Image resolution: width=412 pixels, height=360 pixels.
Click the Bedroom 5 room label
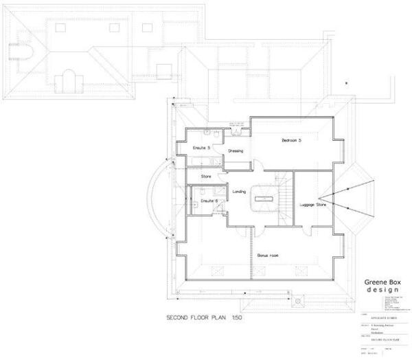click(x=292, y=140)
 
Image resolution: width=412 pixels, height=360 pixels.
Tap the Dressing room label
click(x=236, y=152)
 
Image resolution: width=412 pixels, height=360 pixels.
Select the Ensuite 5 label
click(x=201, y=147)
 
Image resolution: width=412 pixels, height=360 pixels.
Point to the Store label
click(x=205, y=177)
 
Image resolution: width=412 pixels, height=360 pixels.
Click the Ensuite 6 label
click(x=208, y=201)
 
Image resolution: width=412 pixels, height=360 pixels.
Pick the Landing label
click(x=239, y=192)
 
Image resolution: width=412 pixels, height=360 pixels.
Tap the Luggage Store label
click(x=313, y=204)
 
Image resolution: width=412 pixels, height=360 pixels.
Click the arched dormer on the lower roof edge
click(x=67, y=82)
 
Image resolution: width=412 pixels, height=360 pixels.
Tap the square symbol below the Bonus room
click(x=297, y=301)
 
